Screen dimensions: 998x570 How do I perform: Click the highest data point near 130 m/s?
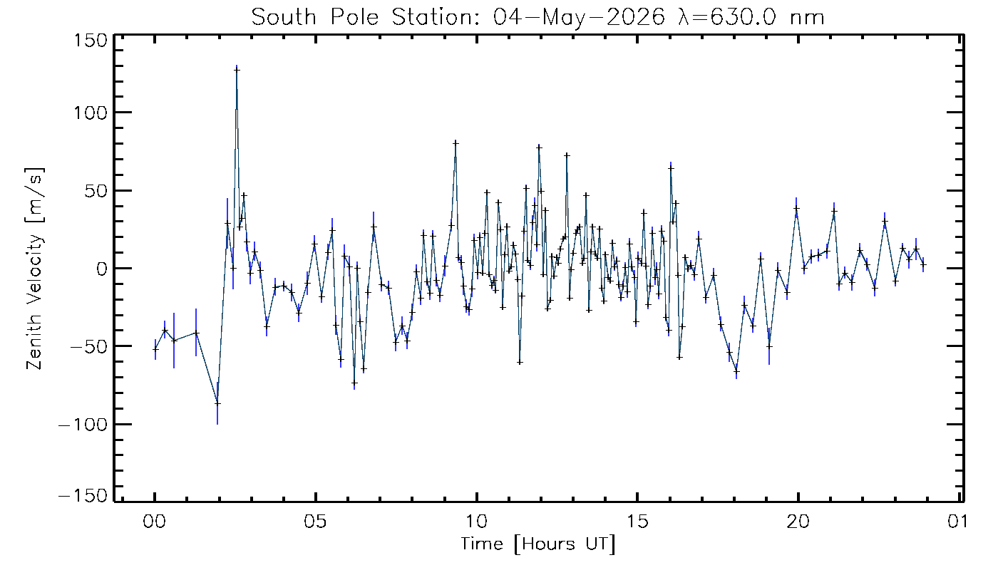(x=237, y=70)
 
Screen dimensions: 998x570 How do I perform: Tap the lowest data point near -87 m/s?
(x=217, y=403)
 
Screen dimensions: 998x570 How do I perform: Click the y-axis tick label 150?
(x=91, y=41)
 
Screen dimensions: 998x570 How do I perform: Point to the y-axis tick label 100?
(x=91, y=113)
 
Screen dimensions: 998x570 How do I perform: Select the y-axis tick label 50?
(x=96, y=191)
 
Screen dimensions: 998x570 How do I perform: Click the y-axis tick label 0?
(x=102, y=269)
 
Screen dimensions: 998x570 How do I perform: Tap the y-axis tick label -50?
(x=89, y=346)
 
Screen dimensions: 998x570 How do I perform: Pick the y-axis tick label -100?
(x=83, y=425)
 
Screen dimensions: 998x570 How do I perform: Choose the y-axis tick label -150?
(x=83, y=496)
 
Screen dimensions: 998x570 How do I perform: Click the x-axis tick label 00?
(x=155, y=522)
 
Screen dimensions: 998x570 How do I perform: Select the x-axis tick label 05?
(x=315, y=522)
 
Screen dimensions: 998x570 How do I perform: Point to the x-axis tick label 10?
(x=476, y=522)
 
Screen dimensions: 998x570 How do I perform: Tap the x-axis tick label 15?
(x=637, y=522)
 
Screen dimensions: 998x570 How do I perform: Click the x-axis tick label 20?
(x=798, y=522)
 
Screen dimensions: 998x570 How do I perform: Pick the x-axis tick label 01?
(x=957, y=522)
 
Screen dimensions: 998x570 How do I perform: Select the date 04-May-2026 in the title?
(x=579, y=18)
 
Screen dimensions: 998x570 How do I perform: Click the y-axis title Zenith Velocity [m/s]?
(x=35, y=269)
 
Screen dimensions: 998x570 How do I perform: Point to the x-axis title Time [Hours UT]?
(x=538, y=544)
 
